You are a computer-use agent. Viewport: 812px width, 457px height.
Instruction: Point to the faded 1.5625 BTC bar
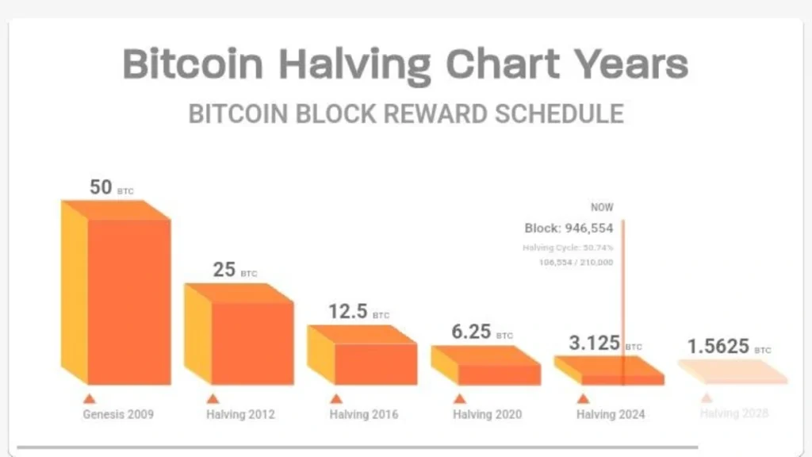[733, 371]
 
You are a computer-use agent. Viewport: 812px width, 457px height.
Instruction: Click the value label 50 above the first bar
[101, 187]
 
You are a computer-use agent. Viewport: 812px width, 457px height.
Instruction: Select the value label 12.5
[348, 311]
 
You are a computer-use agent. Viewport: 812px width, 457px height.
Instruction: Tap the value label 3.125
[595, 344]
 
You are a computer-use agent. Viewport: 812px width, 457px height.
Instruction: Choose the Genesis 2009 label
[118, 414]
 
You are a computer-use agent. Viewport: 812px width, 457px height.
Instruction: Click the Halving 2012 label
[241, 414]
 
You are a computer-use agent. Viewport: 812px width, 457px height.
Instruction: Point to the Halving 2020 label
[488, 414]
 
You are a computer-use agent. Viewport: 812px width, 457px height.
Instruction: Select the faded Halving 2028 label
[734, 413]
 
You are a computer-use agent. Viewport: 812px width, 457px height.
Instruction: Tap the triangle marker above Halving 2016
[336, 399]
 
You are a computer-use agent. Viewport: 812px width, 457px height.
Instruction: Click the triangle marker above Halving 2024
[583, 399]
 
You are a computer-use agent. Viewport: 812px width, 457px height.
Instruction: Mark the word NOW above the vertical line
[602, 207]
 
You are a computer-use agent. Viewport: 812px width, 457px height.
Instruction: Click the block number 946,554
[589, 228]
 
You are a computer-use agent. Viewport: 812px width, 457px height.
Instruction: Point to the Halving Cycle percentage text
[567, 248]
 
